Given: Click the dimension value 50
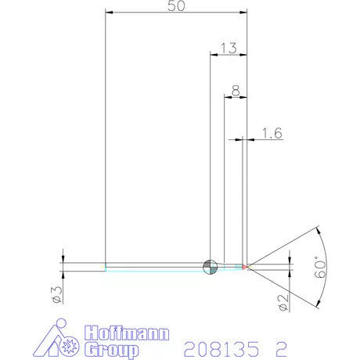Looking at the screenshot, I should pyautogui.click(x=177, y=6).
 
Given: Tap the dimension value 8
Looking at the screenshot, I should pyautogui.click(x=236, y=91).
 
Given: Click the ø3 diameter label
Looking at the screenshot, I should pyautogui.click(x=56, y=294).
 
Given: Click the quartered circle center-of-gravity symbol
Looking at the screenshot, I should pyautogui.click(x=209, y=267).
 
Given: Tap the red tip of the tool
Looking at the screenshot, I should pyautogui.click(x=245, y=267).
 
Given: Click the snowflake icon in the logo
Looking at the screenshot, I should pyautogui.click(x=66, y=343).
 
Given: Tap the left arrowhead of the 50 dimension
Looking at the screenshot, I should pyautogui.click(x=109, y=13).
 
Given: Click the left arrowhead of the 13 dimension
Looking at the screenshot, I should pyautogui.click(x=213, y=55).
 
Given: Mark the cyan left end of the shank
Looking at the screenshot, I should pyautogui.click(x=106, y=267).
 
